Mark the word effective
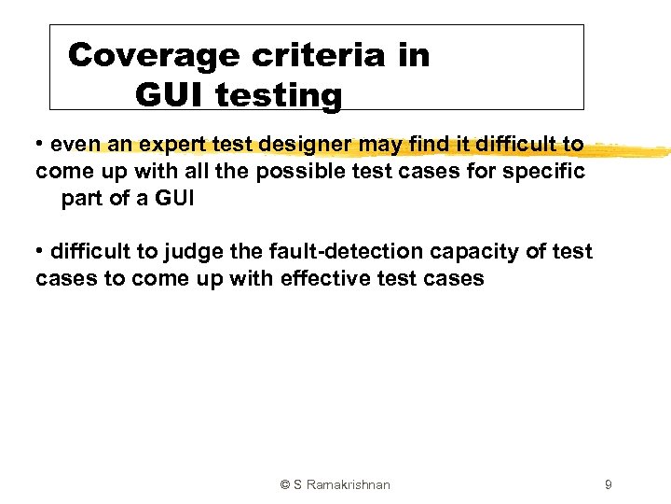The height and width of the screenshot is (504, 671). (x=324, y=278)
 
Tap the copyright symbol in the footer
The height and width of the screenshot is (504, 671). (x=285, y=484)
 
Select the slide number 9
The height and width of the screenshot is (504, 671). (x=608, y=484)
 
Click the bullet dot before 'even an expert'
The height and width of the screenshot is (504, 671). (x=41, y=145)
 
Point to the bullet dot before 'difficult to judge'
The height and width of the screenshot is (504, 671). (x=41, y=252)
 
